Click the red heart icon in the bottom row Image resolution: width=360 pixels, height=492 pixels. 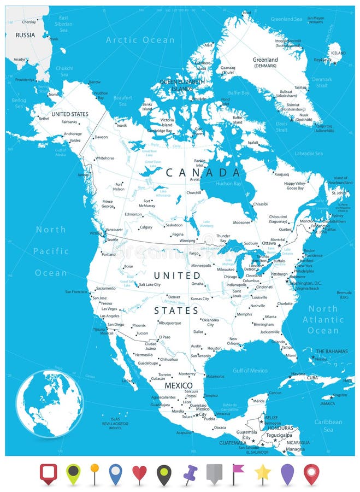[140, 473]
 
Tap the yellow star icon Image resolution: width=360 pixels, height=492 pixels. [262, 473]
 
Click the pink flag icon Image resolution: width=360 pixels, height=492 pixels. [238, 473]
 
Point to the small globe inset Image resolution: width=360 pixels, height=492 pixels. [50, 403]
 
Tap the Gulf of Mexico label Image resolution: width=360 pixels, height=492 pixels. [251, 371]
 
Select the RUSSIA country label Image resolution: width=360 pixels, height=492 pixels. [25, 35]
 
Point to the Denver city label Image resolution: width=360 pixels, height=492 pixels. [174, 297]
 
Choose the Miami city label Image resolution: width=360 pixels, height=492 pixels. [291, 355]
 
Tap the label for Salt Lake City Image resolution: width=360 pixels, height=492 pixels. [149, 284]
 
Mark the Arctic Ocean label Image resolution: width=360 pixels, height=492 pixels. [140, 40]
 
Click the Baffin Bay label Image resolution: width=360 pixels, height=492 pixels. [238, 93]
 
